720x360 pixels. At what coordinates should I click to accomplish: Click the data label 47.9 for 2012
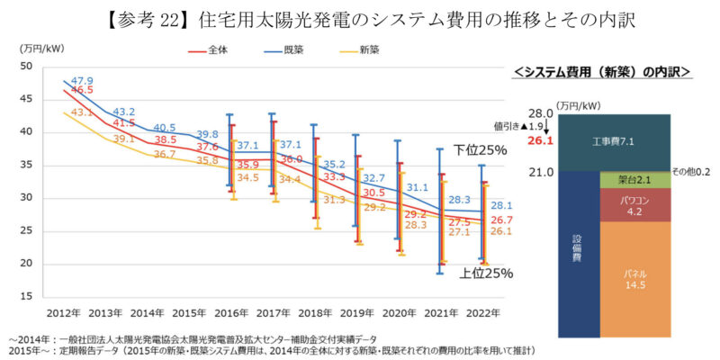(x=83, y=80)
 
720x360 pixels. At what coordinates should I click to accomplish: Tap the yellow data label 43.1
(x=82, y=112)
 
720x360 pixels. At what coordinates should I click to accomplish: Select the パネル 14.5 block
(x=634, y=279)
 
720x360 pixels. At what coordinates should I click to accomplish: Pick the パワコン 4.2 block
(x=634, y=206)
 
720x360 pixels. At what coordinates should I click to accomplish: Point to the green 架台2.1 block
(x=634, y=180)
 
